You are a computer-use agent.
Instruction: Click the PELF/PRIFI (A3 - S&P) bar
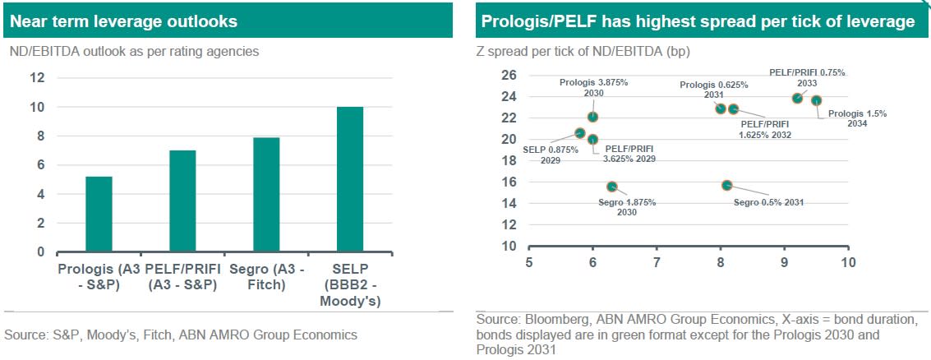182,201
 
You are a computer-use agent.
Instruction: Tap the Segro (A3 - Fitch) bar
266,195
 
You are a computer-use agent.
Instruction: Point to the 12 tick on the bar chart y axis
37,78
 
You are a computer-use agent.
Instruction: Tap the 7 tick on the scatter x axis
657,262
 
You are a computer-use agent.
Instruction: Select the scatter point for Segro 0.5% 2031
726,186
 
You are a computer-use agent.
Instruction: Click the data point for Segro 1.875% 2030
611,187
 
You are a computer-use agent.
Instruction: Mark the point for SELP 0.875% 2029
580,133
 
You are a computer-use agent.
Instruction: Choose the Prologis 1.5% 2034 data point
816,100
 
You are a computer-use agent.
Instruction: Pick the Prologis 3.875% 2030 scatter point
592,118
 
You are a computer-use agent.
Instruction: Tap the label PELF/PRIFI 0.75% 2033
806,78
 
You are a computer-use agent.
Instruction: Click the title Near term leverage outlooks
124,21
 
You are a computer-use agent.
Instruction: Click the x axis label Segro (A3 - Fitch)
266,278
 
